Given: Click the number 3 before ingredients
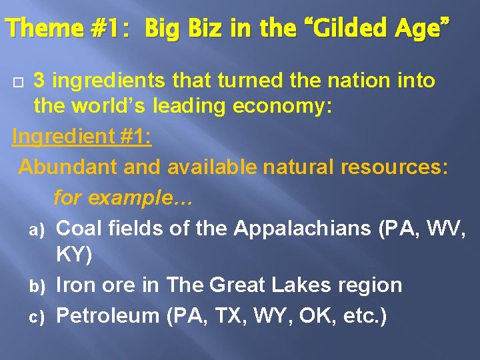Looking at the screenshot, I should (39, 81).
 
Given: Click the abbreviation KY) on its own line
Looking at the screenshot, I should (75, 255).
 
